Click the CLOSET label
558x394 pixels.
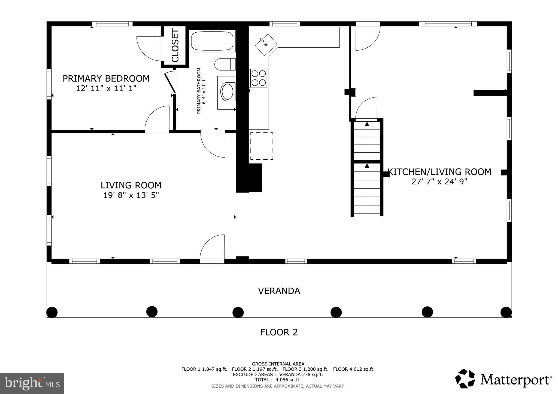click(x=175, y=46)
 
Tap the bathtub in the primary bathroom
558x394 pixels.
click(x=212, y=41)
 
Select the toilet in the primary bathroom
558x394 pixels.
click(x=225, y=64)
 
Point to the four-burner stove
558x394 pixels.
click(x=258, y=78)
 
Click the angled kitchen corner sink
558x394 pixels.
click(x=266, y=45)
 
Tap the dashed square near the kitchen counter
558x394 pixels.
click(x=262, y=146)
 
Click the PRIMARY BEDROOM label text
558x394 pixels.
click(x=106, y=79)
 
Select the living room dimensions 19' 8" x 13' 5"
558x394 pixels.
click(x=131, y=195)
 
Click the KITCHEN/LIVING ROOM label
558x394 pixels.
click(x=439, y=172)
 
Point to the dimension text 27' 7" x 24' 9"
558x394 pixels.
click(x=439, y=181)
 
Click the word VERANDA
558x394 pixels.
click(x=279, y=291)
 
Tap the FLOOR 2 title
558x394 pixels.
click(x=279, y=332)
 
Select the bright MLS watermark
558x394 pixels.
click(x=32, y=383)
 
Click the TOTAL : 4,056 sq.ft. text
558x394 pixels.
click(x=278, y=380)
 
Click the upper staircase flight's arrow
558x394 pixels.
click(x=367, y=125)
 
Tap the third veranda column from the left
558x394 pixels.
click(x=238, y=312)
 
